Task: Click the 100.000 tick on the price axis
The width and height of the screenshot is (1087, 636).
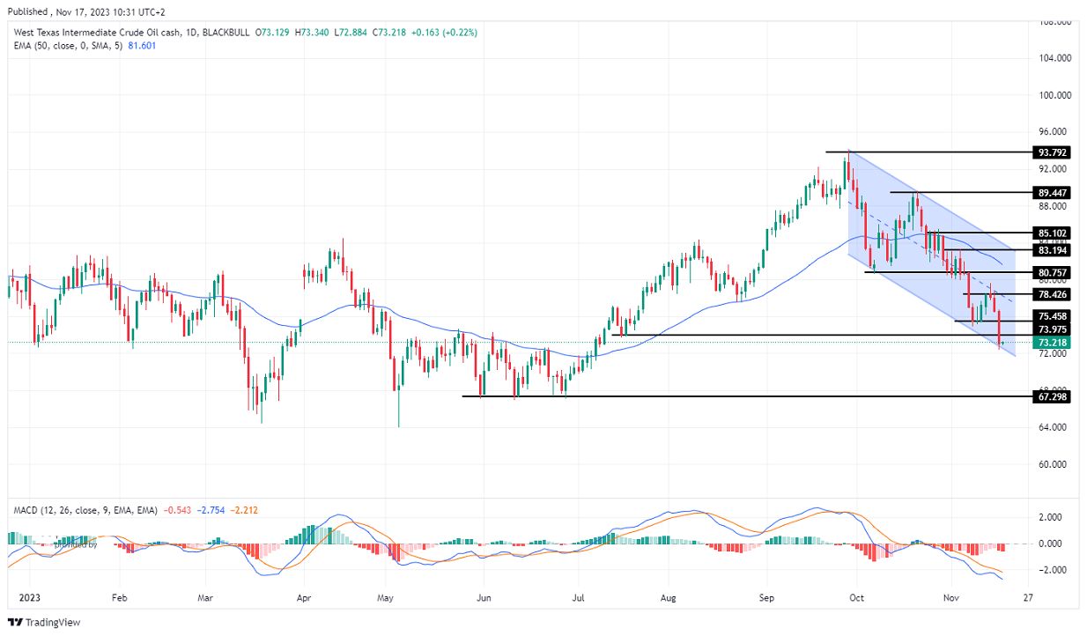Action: click(1054, 95)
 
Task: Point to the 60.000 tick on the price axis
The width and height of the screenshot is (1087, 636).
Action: click(1054, 464)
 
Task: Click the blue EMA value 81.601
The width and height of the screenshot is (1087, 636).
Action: click(143, 46)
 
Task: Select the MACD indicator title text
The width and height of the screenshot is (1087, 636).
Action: click(85, 510)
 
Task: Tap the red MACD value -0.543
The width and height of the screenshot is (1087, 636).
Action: click(175, 510)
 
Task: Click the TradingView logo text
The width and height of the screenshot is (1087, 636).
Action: click(52, 623)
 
